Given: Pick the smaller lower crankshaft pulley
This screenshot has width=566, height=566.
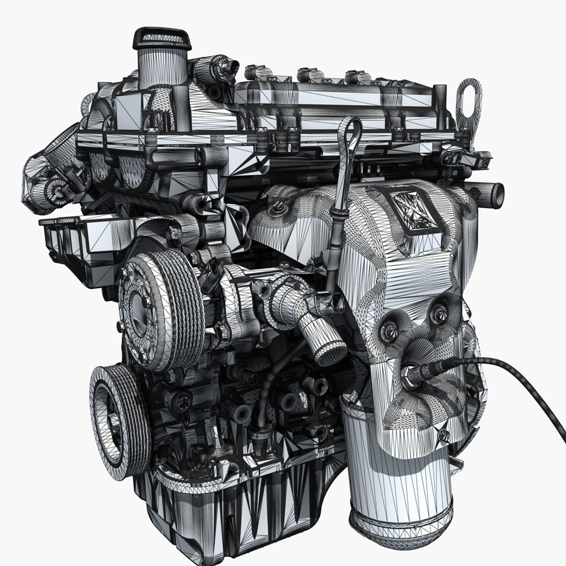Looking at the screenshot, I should [x=119, y=409].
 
